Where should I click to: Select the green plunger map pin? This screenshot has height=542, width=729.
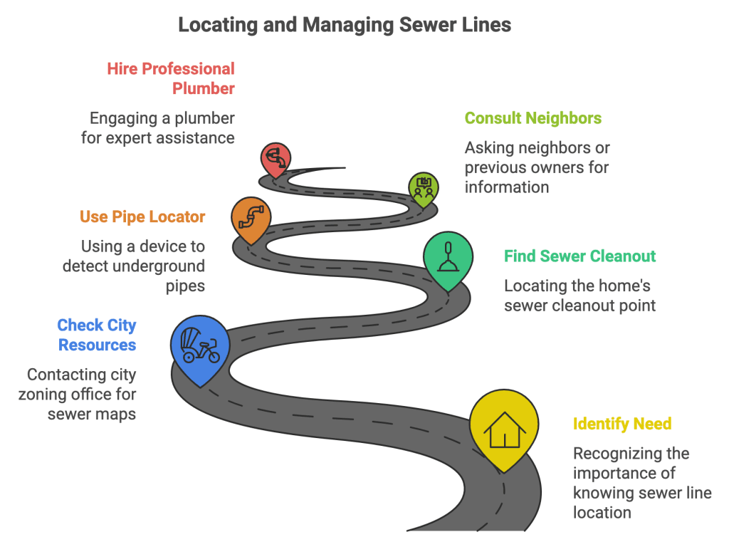[448, 260]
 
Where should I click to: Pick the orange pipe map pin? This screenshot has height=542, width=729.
[251, 218]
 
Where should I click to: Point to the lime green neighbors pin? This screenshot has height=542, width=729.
[424, 189]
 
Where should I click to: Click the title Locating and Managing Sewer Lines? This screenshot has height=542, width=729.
[345, 25]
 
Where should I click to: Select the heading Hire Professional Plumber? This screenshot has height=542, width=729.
[172, 78]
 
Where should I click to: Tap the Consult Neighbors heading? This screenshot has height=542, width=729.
[533, 118]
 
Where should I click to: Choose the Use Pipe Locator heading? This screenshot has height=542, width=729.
[142, 217]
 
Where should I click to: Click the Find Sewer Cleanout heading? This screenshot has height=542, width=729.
[579, 256]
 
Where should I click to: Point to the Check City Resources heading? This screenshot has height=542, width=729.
[97, 335]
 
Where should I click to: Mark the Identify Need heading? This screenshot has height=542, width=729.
[622, 424]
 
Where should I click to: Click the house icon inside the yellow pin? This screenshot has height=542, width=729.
[504, 429]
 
